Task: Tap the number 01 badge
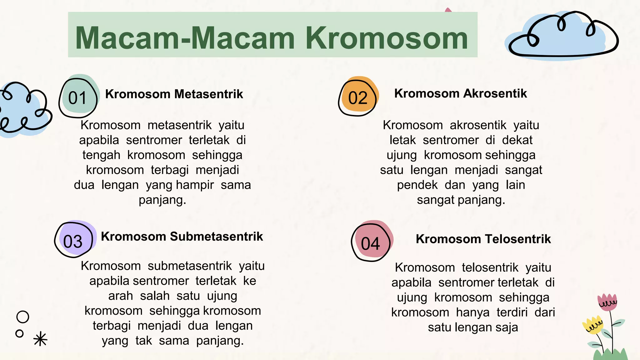[x=78, y=97]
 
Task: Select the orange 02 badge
[x=358, y=97]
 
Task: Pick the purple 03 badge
[x=73, y=241]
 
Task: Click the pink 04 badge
[x=371, y=243]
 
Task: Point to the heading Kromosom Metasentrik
[x=174, y=94]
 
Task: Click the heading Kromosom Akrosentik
[x=460, y=93]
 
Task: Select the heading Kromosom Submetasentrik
[x=182, y=237]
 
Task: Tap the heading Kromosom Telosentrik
[x=483, y=239]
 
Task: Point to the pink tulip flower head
[x=607, y=302]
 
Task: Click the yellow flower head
[x=592, y=325]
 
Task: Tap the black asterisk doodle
[x=40, y=339]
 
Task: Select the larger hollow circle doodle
[x=23, y=317]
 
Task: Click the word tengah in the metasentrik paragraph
[x=101, y=155]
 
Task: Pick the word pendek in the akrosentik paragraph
[x=417, y=185]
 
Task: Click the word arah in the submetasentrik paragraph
[x=121, y=296]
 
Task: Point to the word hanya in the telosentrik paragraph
[x=472, y=312]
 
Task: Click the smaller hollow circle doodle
[x=19, y=333]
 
